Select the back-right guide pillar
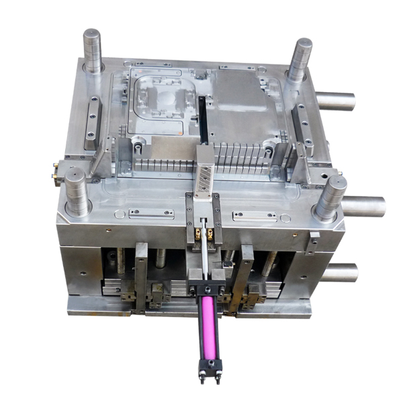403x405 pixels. (x=300, y=60)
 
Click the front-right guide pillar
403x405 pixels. (x=329, y=197)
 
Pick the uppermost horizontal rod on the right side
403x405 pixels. (x=335, y=101)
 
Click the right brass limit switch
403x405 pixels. (x=211, y=233)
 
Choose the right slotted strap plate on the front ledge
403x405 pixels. (x=255, y=216)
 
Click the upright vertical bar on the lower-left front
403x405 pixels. (x=141, y=276)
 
